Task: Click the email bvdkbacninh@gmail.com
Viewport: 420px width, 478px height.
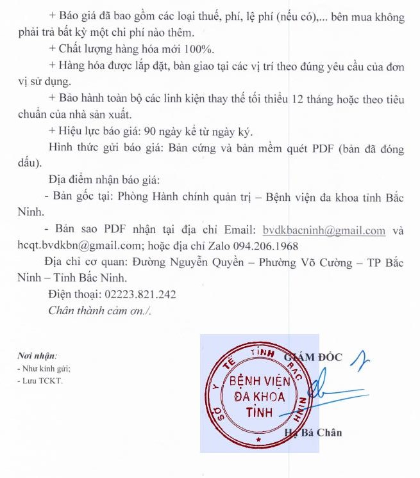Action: pyautogui.click(x=324, y=230)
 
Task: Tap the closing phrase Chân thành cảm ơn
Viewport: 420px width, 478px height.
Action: pyautogui.click(x=99, y=311)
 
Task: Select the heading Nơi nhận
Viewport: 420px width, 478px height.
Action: pyautogui.click(x=37, y=355)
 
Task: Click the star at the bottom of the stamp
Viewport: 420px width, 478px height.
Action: pyautogui.click(x=258, y=442)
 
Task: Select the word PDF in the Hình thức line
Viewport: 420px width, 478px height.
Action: pyautogui.click(x=328, y=149)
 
